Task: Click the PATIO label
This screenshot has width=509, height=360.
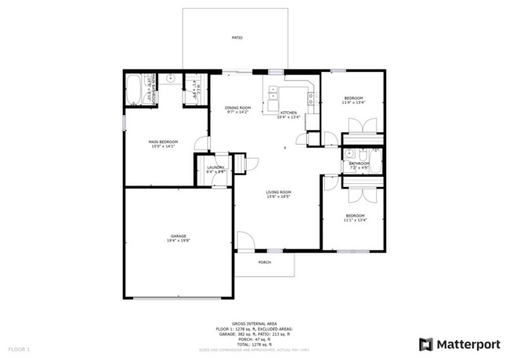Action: point(236,38)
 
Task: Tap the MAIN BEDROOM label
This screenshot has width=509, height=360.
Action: point(164,142)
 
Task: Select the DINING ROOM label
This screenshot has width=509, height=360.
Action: point(238,108)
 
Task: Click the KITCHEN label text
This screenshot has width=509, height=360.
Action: point(289,113)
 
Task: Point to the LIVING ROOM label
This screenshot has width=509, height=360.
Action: point(278,192)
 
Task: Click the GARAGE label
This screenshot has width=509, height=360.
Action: point(179,236)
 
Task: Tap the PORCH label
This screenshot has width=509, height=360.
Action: point(265,262)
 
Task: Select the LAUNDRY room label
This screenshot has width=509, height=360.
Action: point(216,167)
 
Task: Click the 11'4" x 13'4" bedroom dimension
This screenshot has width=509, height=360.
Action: point(353,103)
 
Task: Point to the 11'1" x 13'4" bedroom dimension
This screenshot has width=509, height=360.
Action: point(355,220)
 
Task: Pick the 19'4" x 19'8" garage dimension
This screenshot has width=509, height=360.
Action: point(179,241)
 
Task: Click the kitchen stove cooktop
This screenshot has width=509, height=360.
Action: point(311,99)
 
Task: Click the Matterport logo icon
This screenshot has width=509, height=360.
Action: point(425,344)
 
